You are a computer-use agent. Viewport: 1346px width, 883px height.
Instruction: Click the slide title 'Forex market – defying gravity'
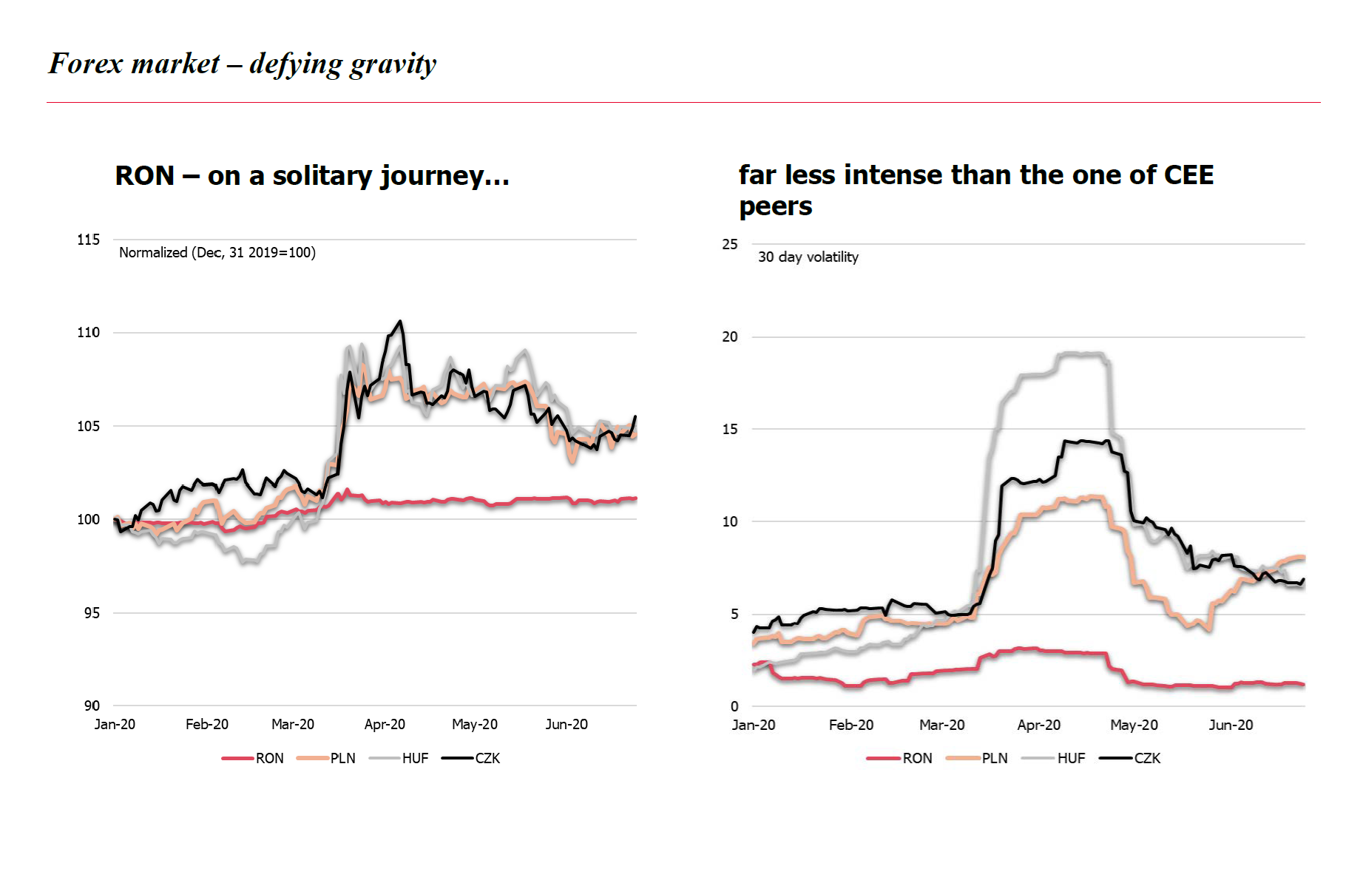(x=242, y=64)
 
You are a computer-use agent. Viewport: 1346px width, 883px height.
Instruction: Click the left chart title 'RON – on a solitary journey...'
(x=312, y=176)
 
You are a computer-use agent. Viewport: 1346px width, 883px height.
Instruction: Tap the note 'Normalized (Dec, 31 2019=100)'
(x=217, y=253)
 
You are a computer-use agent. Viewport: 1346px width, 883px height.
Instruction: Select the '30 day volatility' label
(x=808, y=257)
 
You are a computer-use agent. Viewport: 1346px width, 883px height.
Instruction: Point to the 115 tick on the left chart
(x=88, y=240)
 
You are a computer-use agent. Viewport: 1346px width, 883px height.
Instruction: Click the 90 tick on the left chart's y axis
(x=91, y=706)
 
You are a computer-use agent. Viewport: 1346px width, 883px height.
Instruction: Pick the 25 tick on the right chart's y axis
(x=729, y=244)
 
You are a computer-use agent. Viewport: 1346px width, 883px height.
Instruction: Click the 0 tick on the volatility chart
(x=734, y=706)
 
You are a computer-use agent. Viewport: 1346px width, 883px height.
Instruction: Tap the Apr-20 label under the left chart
(x=385, y=725)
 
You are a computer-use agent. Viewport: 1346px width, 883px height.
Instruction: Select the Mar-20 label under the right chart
(x=941, y=725)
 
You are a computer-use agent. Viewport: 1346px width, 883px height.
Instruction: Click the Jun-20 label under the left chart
(x=567, y=725)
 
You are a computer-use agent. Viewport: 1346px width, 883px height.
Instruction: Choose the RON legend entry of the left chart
(x=253, y=759)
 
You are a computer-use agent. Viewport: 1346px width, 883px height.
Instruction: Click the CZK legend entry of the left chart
(x=471, y=759)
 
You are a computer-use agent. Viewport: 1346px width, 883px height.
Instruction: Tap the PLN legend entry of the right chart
(x=977, y=759)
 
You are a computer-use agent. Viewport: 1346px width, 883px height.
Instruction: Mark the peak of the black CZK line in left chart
(x=400, y=322)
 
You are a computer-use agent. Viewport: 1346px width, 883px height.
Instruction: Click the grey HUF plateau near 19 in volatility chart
(x=1080, y=354)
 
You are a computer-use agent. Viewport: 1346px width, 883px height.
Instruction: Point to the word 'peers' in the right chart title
(x=775, y=207)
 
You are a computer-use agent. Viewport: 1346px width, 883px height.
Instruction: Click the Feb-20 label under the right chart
(x=850, y=725)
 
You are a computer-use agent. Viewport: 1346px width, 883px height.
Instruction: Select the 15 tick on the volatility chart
(x=729, y=429)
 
